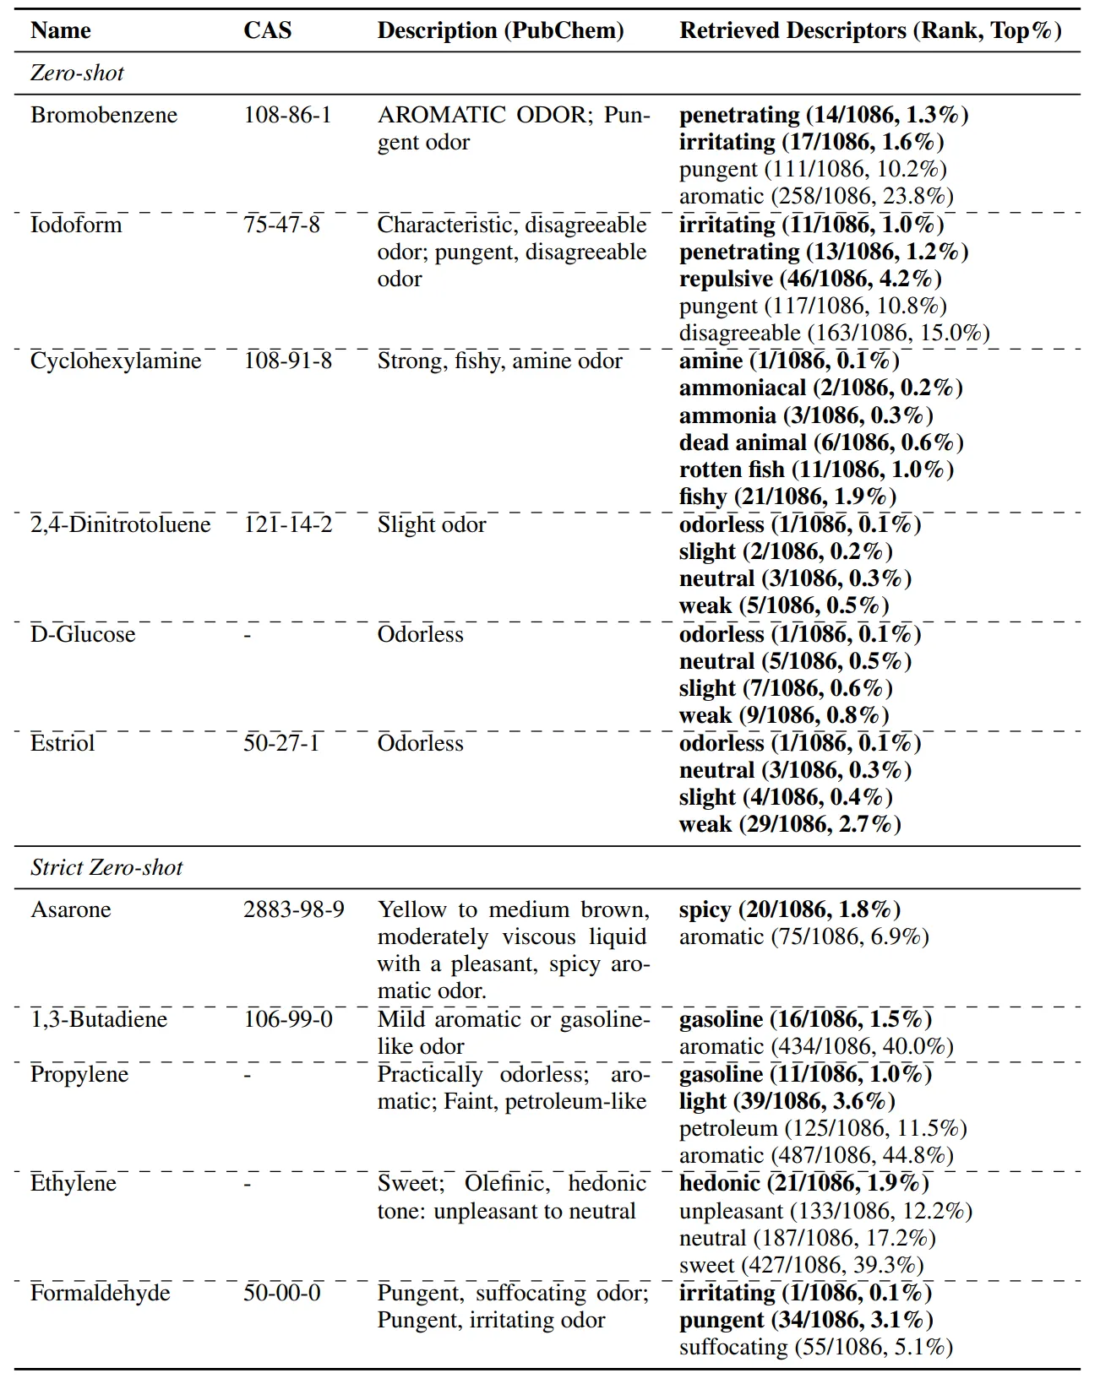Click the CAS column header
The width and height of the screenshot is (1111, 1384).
[267, 30]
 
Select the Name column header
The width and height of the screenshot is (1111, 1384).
[60, 30]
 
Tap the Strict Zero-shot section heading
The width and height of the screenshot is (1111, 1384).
[106, 867]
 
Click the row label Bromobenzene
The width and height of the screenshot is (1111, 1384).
[104, 115]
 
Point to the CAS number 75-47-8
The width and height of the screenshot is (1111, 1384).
[281, 225]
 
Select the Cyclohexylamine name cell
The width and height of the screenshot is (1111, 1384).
[116, 361]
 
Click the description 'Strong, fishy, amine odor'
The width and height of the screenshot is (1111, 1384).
[499, 361]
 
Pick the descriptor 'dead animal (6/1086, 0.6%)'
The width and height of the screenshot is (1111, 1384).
[821, 442]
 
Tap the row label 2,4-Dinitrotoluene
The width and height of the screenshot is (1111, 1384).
[120, 524]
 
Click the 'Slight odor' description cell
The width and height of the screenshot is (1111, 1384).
[431, 524]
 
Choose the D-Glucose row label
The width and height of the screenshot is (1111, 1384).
[83, 634]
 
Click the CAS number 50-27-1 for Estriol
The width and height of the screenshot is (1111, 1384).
[281, 743]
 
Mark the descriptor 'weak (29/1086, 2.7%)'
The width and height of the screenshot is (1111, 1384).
[790, 824]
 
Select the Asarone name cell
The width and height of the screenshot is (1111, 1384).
[71, 909]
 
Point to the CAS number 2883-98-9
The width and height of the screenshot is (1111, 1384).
[294, 909]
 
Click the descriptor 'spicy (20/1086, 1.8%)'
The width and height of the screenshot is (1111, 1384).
[790, 909]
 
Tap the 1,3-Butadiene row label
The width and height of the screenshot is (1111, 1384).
[99, 1019]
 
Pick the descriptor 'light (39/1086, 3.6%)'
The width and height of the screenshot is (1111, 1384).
[787, 1101]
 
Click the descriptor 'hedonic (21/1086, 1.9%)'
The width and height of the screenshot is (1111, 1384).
[803, 1183]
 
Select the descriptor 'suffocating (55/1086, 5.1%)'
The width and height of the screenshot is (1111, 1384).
[815, 1347]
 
